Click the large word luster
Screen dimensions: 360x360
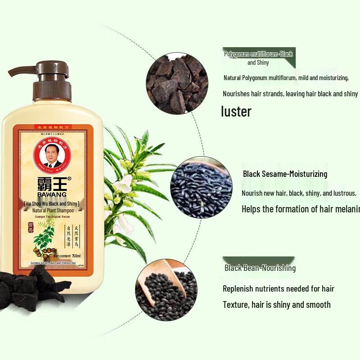(236, 111)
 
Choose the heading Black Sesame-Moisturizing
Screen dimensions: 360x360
(285, 174)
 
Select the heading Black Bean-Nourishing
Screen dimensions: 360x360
(260, 268)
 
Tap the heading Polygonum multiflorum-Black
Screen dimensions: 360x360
(258, 54)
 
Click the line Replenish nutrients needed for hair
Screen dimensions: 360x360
(279, 288)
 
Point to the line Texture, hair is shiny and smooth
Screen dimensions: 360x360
(277, 305)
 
